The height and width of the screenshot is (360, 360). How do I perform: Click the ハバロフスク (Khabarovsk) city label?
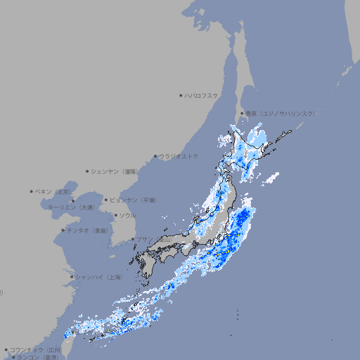(x=202, y=95)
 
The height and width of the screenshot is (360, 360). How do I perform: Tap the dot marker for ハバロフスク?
(x=181, y=95)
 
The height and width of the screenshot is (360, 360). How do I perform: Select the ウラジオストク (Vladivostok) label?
(x=179, y=156)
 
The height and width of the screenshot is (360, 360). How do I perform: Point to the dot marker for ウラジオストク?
(x=155, y=156)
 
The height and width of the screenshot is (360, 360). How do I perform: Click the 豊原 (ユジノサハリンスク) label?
(x=280, y=113)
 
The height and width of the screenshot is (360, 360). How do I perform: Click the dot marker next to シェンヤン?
(x=88, y=171)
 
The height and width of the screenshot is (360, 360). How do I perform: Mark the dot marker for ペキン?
(x=32, y=191)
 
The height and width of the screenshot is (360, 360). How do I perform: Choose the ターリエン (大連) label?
(x=71, y=207)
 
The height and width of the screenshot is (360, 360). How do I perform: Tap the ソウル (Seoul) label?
(x=127, y=215)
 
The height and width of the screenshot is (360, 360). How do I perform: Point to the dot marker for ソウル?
(x=115, y=215)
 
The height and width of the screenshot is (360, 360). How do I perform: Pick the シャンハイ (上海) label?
(x=99, y=277)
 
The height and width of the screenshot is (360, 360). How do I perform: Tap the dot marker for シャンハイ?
(x=72, y=277)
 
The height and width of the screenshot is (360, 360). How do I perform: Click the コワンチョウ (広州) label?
(x=36, y=349)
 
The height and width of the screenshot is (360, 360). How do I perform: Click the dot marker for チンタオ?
(x=63, y=230)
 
